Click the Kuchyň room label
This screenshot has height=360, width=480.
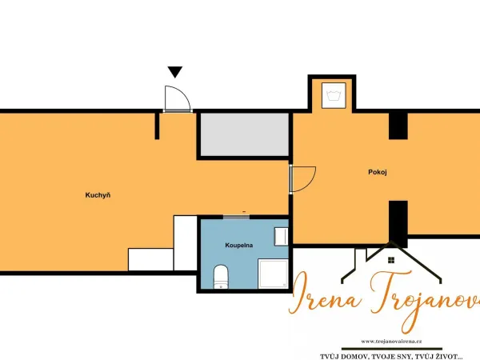click(98, 195)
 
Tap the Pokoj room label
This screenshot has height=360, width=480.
click(378, 172)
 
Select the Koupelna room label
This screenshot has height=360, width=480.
click(238, 246)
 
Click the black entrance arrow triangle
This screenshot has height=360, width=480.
click(175, 72)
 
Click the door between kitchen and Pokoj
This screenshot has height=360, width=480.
click(302, 180)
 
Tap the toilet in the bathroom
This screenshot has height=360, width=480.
click(221, 277)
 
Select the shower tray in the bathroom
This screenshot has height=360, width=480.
click(273, 274)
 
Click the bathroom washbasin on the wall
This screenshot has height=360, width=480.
click(281, 236)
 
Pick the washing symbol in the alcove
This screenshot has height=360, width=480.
click(334, 95)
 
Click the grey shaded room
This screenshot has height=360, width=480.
click(245, 134)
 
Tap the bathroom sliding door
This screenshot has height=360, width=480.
click(236, 217)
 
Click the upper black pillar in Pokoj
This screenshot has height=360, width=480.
click(398, 126)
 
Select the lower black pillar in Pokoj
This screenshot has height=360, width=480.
click(398, 224)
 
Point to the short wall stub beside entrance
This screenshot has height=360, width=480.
click(157, 126)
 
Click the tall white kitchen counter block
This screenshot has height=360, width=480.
click(186, 243)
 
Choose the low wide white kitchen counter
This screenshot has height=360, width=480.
click(150, 259)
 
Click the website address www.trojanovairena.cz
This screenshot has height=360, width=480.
click(391, 342)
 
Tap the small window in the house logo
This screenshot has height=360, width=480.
click(391, 260)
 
